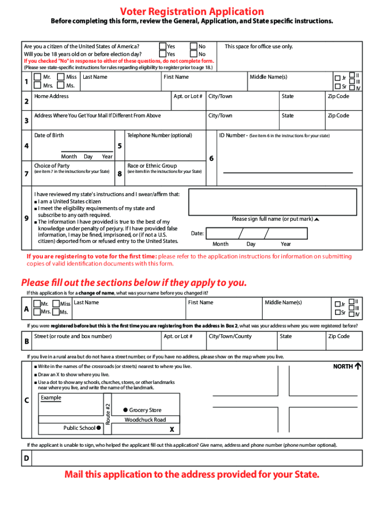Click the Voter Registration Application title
[x=192, y=11]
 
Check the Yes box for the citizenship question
[x=163, y=46]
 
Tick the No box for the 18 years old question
[x=194, y=54]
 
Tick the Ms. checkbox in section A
[x=55, y=312]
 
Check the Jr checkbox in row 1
[x=337, y=78]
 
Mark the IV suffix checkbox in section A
[x=351, y=313]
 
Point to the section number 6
[x=211, y=158]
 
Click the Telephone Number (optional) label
[x=160, y=135]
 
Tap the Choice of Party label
[x=52, y=165]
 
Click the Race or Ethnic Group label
[x=152, y=165]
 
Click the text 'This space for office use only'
[x=259, y=46]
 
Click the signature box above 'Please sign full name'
[x=273, y=202]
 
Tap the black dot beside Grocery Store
[x=126, y=409]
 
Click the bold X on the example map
[x=172, y=429]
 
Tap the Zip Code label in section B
[x=338, y=336]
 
